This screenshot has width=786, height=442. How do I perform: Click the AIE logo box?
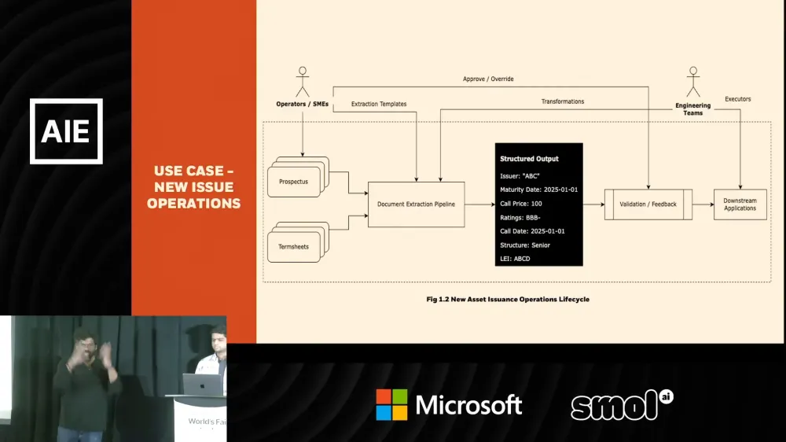[x=66, y=131]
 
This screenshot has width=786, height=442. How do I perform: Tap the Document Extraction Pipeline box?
[x=416, y=204]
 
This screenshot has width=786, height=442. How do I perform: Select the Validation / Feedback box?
[x=648, y=204]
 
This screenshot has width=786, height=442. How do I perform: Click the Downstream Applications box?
[x=740, y=204]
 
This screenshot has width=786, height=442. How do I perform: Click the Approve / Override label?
[x=487, y=79]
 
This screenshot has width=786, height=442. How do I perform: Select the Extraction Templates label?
[x=379, y=104]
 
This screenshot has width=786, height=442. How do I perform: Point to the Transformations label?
[x=563, y=101]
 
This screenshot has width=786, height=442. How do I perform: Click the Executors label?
[x=737, y=99]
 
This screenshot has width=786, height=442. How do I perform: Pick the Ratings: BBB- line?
[x=520, y=217]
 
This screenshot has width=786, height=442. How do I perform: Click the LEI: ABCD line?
[x=516, y=258]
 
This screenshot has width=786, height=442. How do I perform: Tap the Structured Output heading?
[x=529, y=159]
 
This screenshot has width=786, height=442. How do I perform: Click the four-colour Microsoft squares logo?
[x=391, y=404]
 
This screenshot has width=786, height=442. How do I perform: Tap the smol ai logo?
[x=622, y=404]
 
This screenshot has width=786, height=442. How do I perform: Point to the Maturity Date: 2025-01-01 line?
[x=538, y=190]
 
